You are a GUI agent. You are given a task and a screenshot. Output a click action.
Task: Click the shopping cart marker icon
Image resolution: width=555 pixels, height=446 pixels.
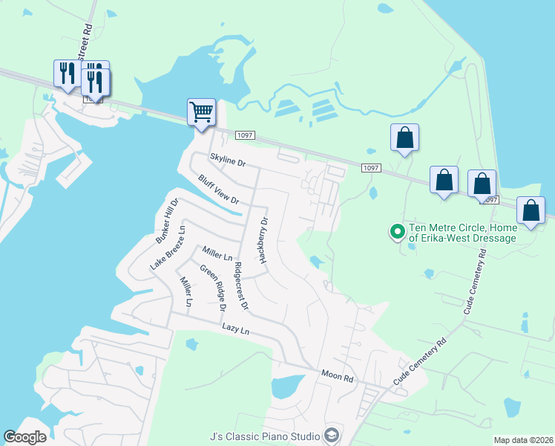pyautogui.click(x=202, y=113)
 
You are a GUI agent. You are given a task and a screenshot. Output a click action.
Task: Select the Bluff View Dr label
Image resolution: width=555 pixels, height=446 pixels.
pyautogui.click(x=218, y=190)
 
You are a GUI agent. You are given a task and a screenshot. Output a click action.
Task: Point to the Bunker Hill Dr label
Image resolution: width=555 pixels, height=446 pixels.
pyautogui.click(x=168, y=222)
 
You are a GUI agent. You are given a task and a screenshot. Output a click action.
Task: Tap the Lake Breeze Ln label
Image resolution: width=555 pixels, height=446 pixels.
pyautogui.click(x=167, y=245)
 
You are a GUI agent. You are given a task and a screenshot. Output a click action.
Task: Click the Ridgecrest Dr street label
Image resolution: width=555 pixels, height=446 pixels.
pyautogui.click(x=240, y=285)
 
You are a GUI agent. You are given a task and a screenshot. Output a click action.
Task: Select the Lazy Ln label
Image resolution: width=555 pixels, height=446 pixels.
pyautogui.click(x=236, y=329)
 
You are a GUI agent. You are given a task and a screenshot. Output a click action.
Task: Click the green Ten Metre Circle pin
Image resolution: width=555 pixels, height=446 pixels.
pyautogui.click(x=397, y=232)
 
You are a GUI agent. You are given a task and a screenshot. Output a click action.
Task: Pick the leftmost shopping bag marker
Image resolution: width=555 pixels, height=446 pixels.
pyautogui.click(x=404, y=138)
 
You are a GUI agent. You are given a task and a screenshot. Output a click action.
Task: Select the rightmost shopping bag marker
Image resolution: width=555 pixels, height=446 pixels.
pyautogui.click(x=531, y=210)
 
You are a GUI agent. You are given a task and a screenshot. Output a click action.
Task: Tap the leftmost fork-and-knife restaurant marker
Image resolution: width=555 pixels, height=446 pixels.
pyautogui.click(x=68, y=74)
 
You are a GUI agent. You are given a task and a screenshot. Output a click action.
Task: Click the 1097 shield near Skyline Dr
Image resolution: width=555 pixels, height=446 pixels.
pyautogui.click(x=245, y=135)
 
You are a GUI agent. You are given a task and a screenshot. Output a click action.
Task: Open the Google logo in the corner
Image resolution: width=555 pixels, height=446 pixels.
pyautogui.click(x=25, y=437)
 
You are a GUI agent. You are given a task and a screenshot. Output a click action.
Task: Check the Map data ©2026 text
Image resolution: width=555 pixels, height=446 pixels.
pyautogui.click(x=522, y=440)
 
